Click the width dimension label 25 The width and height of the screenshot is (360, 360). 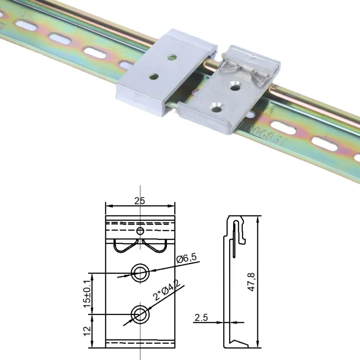point(139,201)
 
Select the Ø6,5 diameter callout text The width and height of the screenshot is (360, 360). point(185,259)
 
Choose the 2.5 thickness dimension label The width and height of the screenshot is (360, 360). point(201,318)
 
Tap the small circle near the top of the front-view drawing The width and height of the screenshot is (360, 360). point(140,231)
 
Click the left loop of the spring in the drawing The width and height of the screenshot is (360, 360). point(122,247)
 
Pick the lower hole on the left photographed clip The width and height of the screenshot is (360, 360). point(155,77)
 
